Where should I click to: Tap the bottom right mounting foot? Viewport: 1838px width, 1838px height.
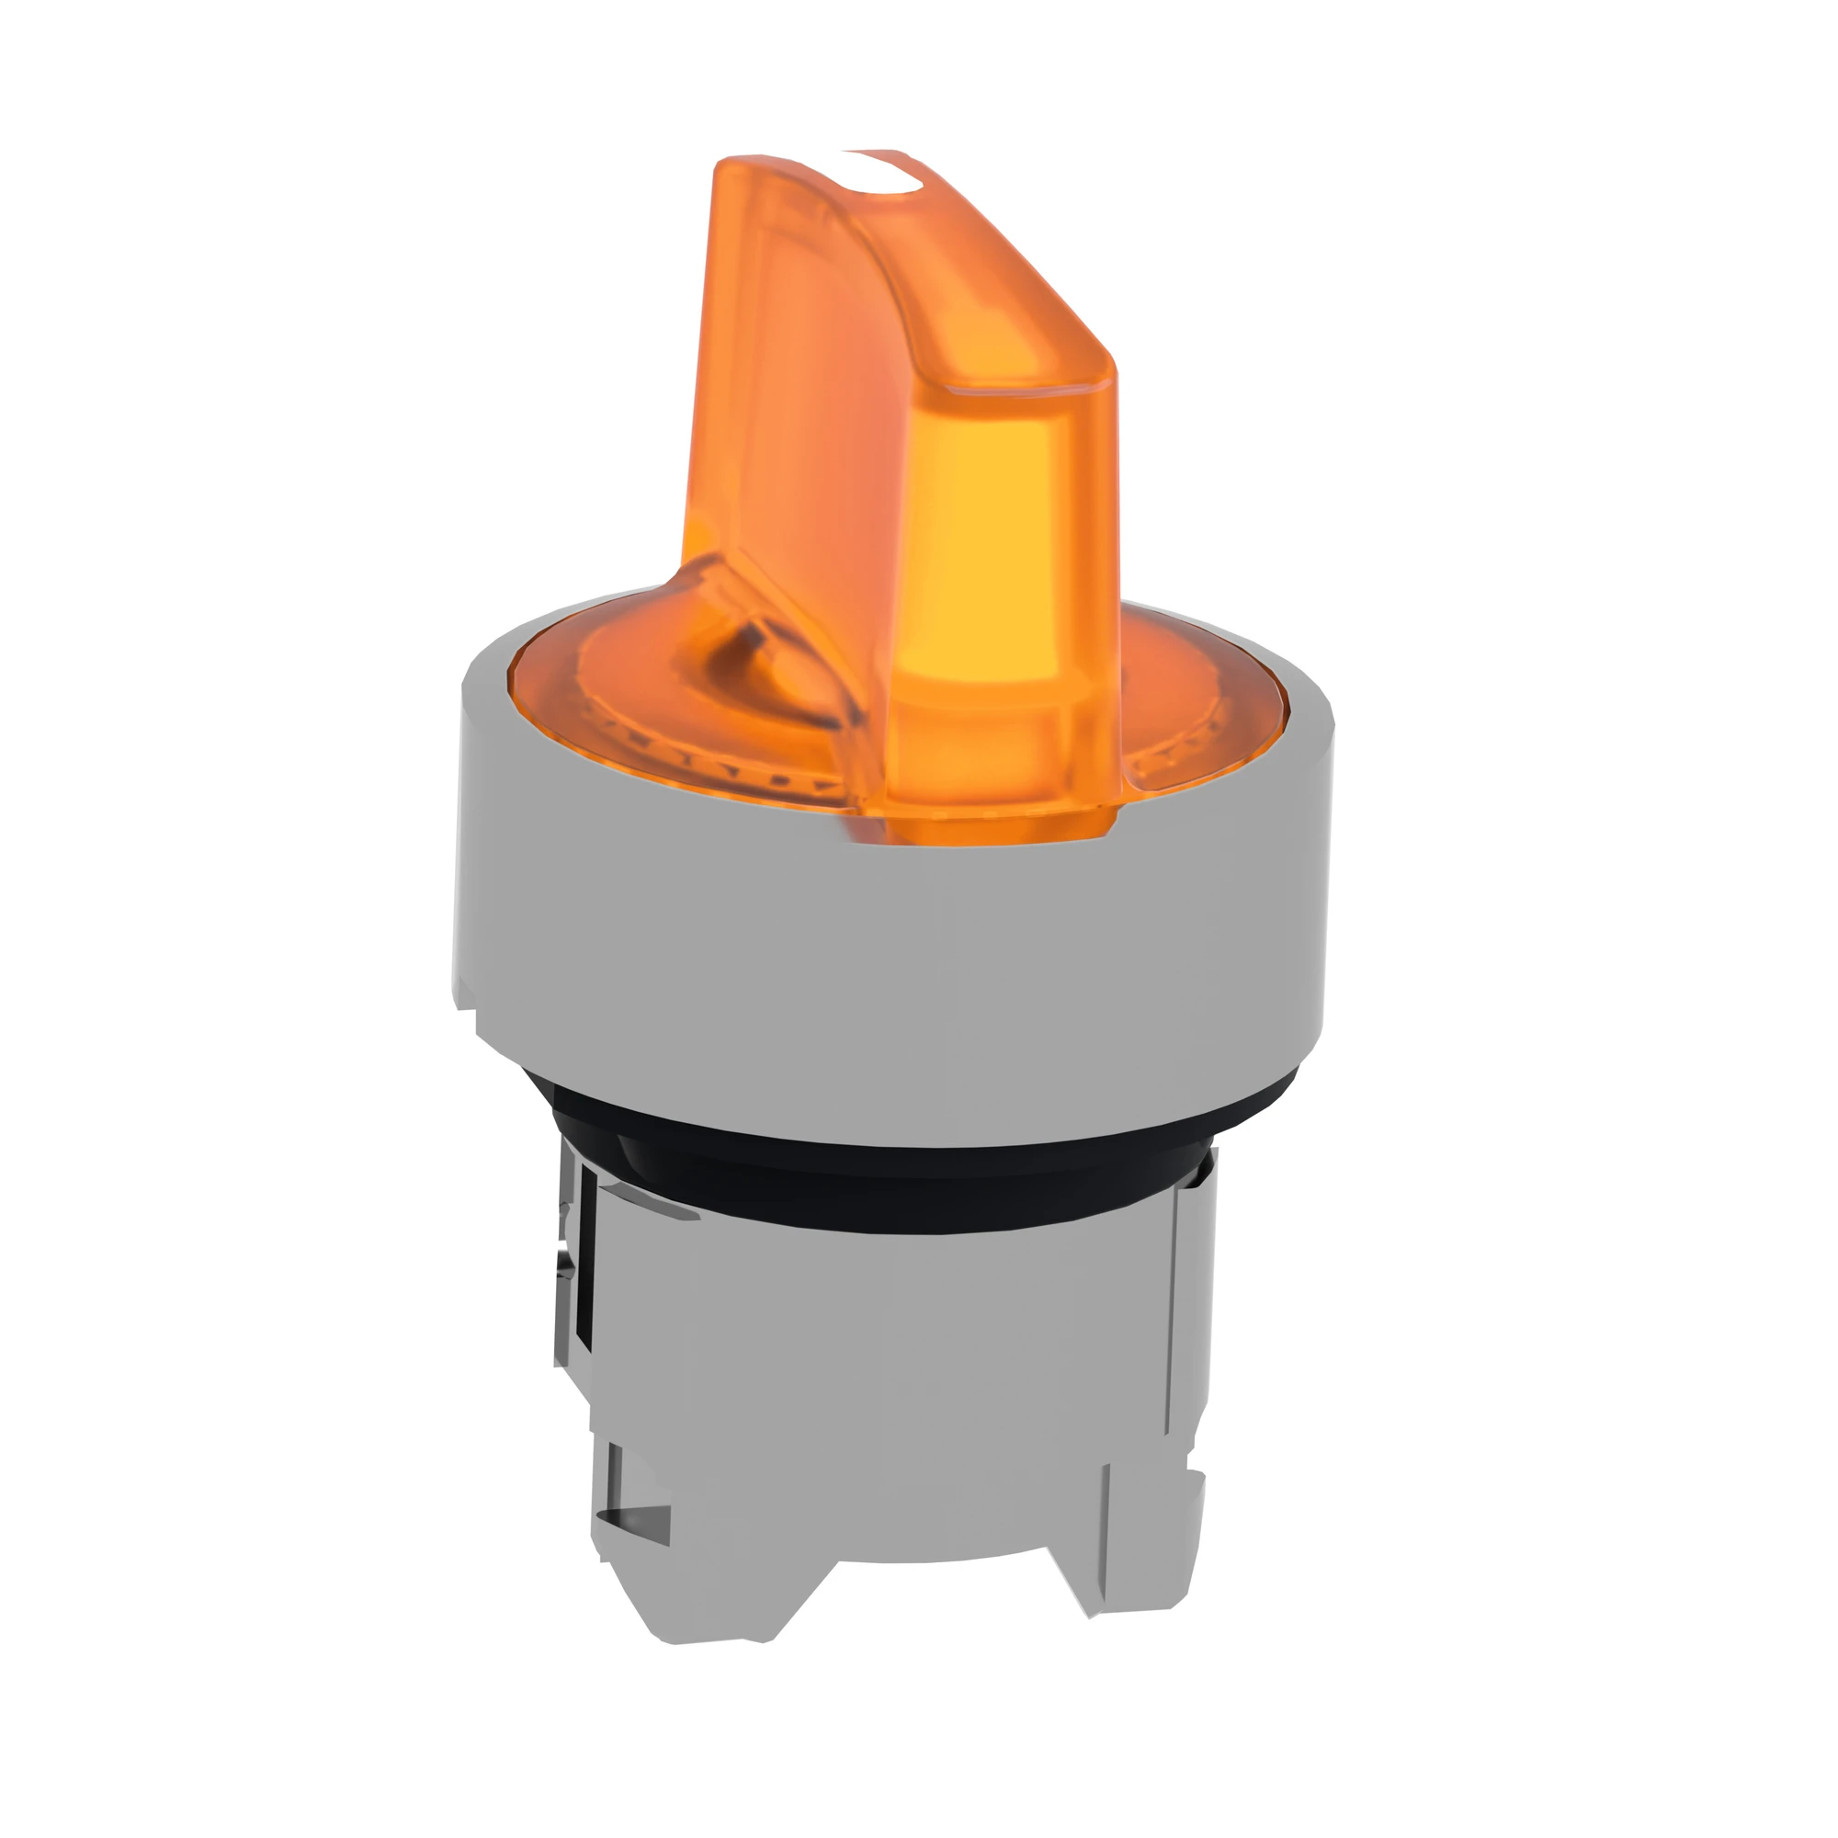pyautogui.click(x=1141, y=1560)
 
